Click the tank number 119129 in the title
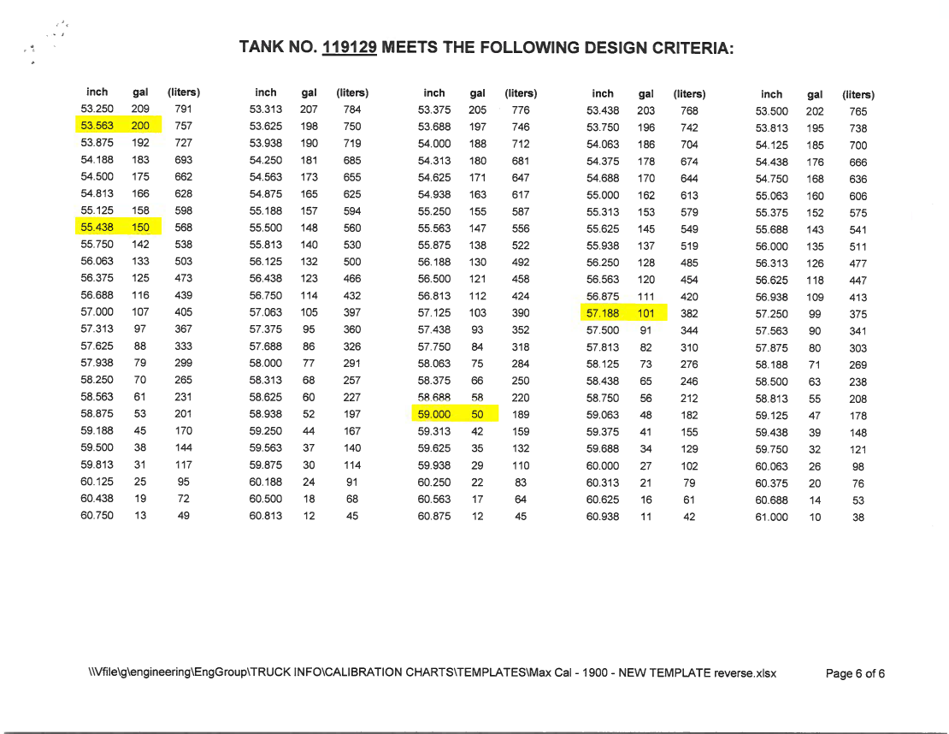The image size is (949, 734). [x=350, y=47]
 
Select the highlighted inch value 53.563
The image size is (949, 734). [x=97, y=126]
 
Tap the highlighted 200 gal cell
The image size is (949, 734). [x=140, y=126]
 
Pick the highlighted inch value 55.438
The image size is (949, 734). [x=97, y=228]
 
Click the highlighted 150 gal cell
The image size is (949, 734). [x=140, y=228]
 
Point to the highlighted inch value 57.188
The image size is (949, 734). [x=602, y=313]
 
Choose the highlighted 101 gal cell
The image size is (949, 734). [x=646, y=313]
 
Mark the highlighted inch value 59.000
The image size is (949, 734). [x=433, y=415]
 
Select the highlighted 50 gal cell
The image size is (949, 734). [x=478, y=415]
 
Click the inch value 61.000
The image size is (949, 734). [x=771, y=518]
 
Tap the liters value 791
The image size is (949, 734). [x=183, y=110]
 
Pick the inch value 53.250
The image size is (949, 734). [x=97, y=110]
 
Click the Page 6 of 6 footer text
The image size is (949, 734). [x=854, y=673]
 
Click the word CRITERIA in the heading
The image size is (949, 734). [x=692, y=48]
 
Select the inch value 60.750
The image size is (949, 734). [x=97, y=516]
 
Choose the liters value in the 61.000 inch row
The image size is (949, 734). [x=858, y=518]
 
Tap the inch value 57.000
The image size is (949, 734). [x=97, y=313]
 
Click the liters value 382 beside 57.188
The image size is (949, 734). [x=689, y=313]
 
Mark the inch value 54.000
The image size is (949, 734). [x=433, y=144]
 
